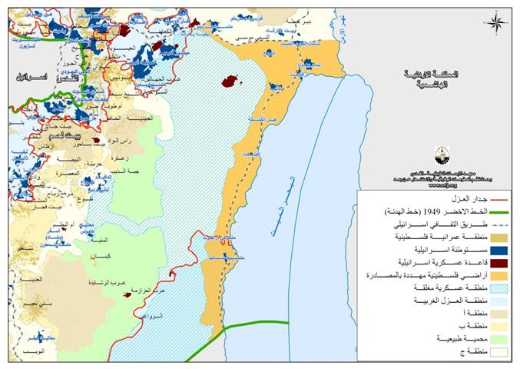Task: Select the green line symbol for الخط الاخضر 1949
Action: coord(492,210)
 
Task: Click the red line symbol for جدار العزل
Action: coord(492,197)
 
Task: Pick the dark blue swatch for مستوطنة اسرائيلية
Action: coord(492,249)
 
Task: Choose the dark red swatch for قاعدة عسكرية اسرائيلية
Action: coord(492,262)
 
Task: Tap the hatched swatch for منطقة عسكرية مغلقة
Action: coord(492,288)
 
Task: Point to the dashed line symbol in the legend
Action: coord(492,223)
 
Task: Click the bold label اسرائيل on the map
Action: coord(31,78)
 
